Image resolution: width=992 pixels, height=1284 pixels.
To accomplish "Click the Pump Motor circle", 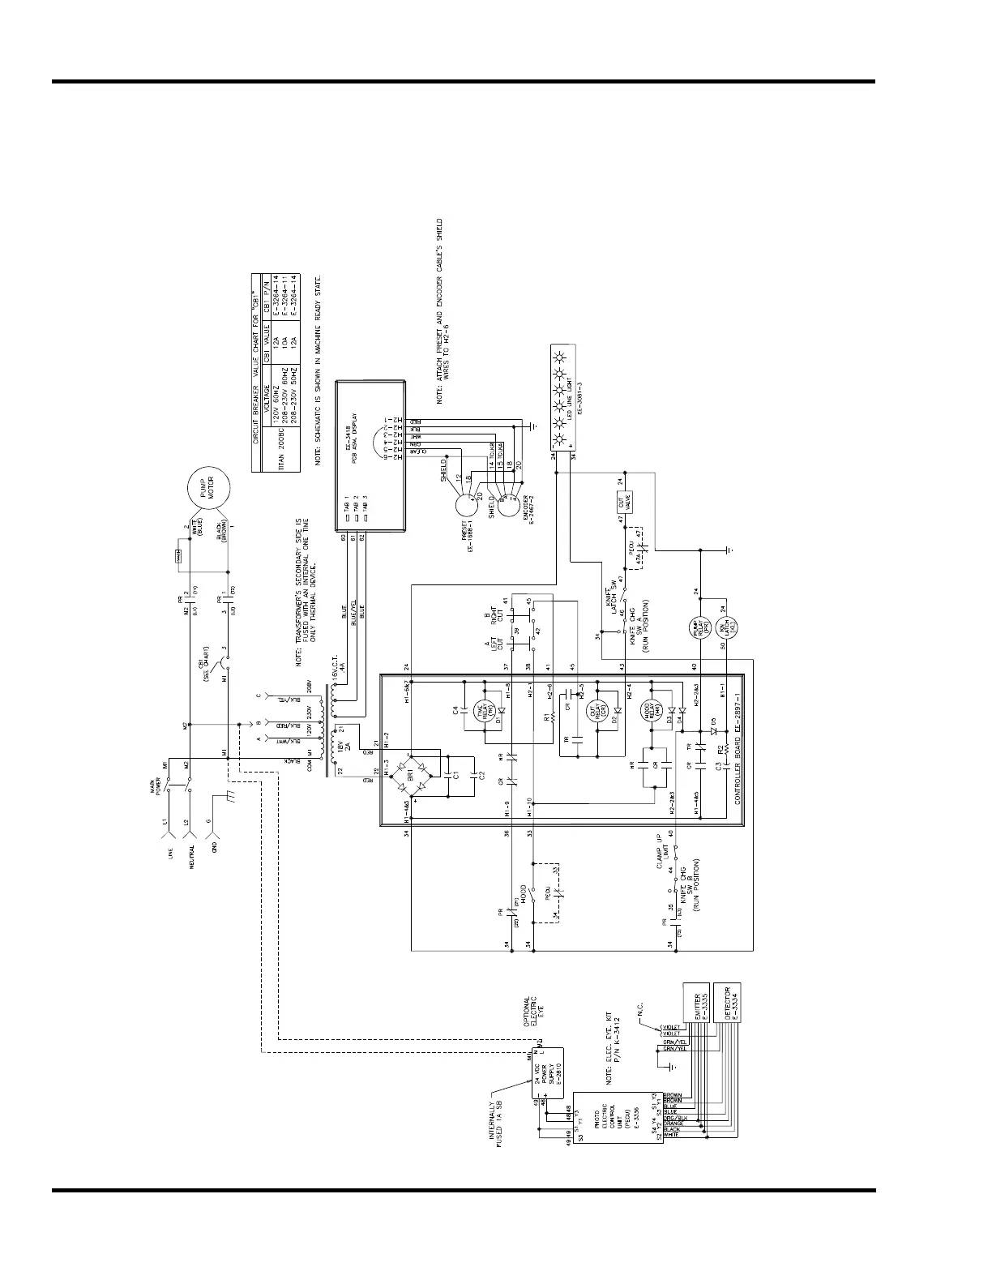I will point(209,490).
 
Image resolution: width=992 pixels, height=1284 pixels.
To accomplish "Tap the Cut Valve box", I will point(623,503).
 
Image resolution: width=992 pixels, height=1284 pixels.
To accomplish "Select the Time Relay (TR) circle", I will point(484,711).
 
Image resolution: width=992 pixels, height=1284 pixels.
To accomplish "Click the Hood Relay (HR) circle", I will point(650,711).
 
